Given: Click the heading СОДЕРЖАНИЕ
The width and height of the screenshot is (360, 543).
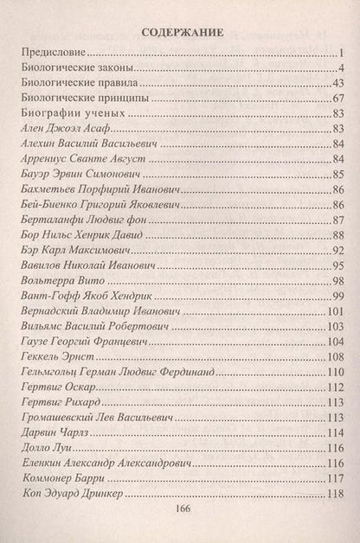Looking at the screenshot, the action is pos(181,33).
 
